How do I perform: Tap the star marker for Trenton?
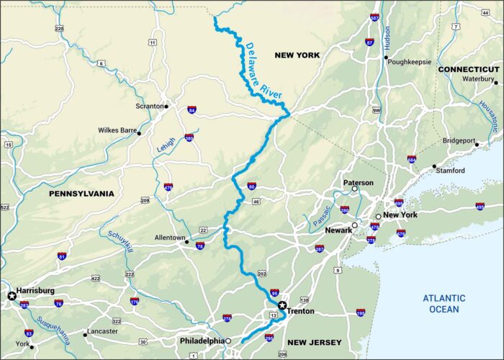pyautogui.click(x=282, y=305)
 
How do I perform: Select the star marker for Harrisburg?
pyautogui.click(x=12, y=296)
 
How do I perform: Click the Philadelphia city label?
pyautogui.click(x=202, y=341)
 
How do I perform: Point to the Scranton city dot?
pyautogui.click(x=166, y=107)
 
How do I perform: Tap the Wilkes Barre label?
pyautogui.click(x=117, y=131)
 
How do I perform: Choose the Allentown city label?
pyautogui.click(x=170, y=238)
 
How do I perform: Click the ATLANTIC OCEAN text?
pyautogui.click(x=444, y=303)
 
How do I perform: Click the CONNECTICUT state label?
pyautogui.click(x=469, y=69)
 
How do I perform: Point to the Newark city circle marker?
pyautogui.click(x=354, y=225)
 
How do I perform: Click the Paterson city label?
pyautogui.click(x=358, y=183)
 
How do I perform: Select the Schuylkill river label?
pyautogui.click(x=120, y=244)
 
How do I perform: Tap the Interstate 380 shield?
pyautogui.click(x=189, y=137)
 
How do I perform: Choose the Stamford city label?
pyautogui.click(x=451, y=171)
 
